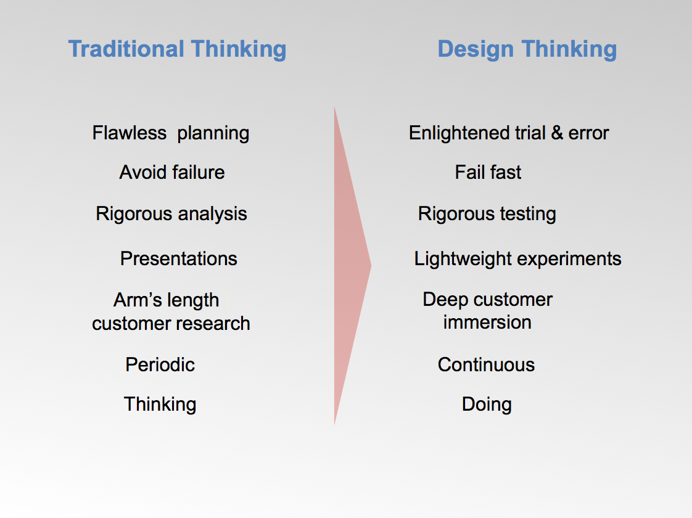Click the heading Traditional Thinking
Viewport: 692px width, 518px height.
[177, 49]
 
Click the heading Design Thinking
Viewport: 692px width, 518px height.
[527, 49]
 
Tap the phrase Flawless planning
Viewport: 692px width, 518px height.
[171, 133]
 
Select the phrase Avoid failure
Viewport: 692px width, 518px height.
[172, 173]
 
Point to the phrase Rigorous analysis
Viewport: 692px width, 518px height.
[171, 214]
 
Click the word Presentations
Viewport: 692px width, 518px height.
[179, 258]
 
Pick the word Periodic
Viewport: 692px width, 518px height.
[160, 364]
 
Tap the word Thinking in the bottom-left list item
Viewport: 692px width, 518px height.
[160, 405]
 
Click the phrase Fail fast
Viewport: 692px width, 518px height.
[488, 173]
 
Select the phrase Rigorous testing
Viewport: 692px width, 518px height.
[487, 214]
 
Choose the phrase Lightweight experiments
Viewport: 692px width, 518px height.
[517, 258]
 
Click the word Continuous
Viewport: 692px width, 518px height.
[486, 364]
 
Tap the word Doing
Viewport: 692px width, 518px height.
[487, 405]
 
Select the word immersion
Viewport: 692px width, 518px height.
[487, 323]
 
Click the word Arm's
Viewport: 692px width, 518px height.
[131, 300]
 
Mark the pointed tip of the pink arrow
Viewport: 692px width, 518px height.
[370, 266]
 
